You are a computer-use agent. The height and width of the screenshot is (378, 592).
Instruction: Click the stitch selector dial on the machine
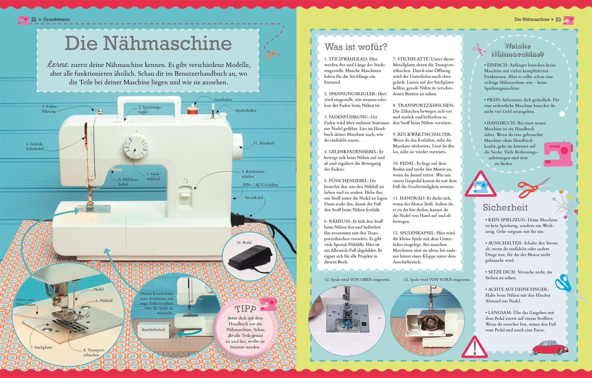pyautogui.click(x=136, y=146)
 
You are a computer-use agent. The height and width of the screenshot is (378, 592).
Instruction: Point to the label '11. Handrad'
pyautogui.click(x=264, y=143)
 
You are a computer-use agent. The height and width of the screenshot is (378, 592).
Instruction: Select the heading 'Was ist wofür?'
pyautogui.click(x=356, y=47)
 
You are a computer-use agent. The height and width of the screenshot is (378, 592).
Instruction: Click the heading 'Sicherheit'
pyautogui.click(x=505, y=208)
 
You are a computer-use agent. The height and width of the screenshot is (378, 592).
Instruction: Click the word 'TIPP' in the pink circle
pyautogui.click(x=245, y=309)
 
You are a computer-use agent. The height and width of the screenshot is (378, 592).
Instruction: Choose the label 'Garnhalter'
pyautogui.click(x=223, y=100)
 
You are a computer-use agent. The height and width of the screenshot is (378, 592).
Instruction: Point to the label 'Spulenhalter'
pyautogui.click(x=246, y=110)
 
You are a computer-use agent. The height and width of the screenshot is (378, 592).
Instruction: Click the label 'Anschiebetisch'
pyautogui.click(x=153, y=330)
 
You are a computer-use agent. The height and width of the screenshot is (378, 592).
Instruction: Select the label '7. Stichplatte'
pyautogui.click(x=41, y=348)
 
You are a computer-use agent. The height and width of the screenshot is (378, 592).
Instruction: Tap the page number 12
pyautogui.click(x=34, y=19)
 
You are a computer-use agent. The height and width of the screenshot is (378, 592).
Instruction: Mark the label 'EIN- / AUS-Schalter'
pyautogui.click(x=261, y=185)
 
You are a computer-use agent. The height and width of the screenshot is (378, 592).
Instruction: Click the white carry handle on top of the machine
pyautogui.click(x=149, y=106)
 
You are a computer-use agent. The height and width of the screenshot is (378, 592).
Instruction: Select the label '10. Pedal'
pyautogui.click(x=244, y=243)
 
